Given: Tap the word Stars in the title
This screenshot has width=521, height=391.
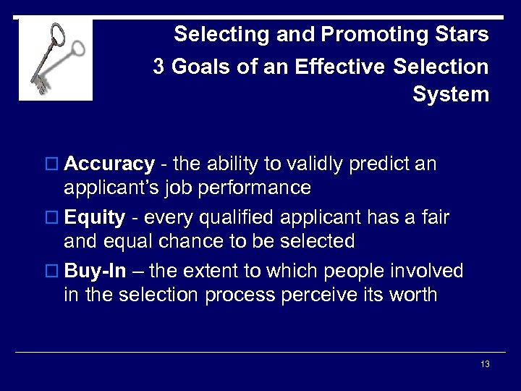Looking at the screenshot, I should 460,34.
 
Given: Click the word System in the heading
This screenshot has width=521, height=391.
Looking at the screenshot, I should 450,95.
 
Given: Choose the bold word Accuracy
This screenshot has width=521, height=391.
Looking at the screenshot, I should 109,164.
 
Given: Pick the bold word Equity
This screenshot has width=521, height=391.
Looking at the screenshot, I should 95,218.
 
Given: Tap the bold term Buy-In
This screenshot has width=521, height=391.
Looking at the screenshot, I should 96,272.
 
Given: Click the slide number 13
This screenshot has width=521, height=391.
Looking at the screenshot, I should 485,364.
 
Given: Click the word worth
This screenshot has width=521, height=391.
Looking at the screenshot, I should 412,295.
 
